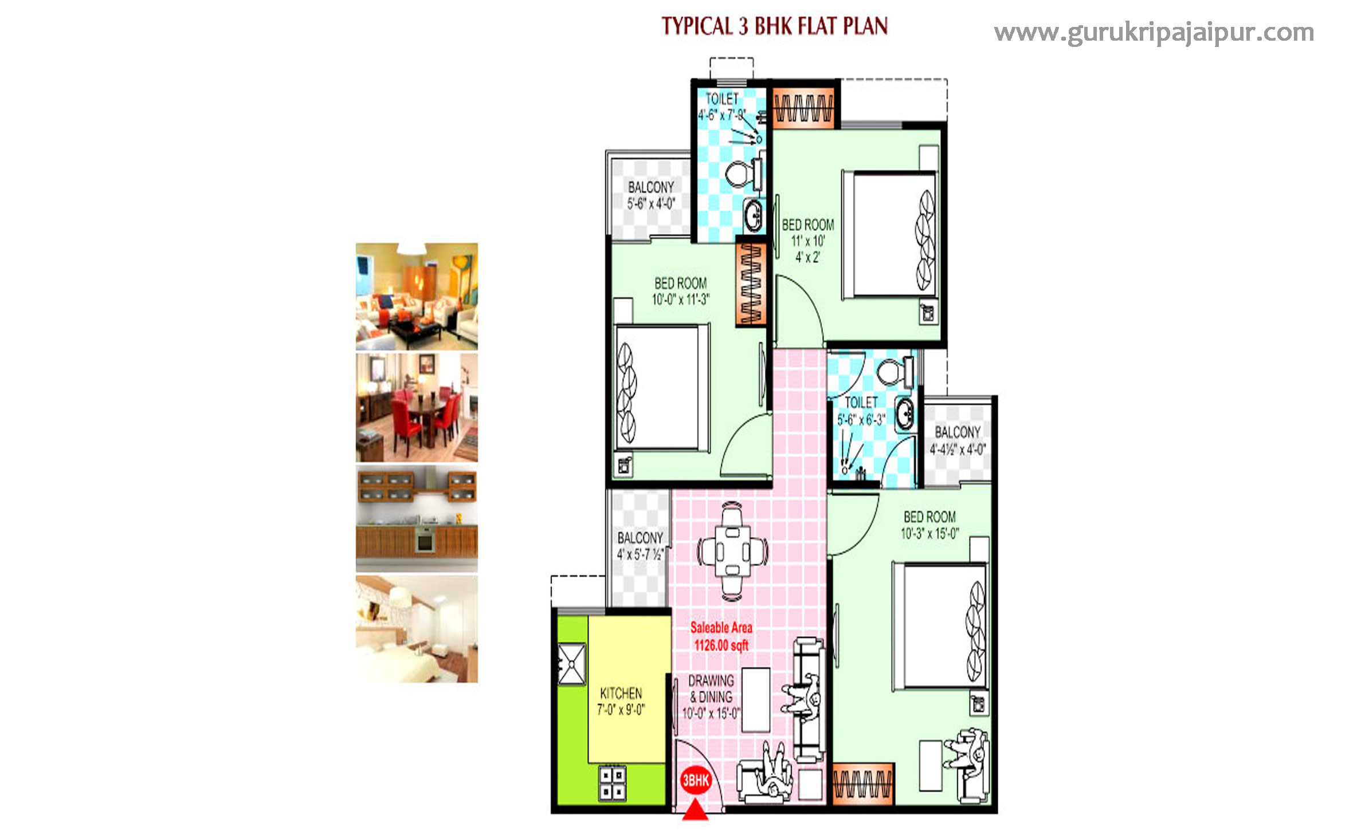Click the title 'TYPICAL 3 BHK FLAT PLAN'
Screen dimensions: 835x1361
(x=774, y=26)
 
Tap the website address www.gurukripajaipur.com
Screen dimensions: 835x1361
(x=1154, y=33)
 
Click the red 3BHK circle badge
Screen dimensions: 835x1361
(x=696, y=780)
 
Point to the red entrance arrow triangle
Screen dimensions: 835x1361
(x=696, y=812)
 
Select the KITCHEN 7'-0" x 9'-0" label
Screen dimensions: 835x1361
(x=621, y=701)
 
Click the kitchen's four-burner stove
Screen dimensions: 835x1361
(x=612, y=783)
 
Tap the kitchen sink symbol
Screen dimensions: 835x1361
(x=571, y=664)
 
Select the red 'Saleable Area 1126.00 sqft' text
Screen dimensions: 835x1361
(x=721, y=636)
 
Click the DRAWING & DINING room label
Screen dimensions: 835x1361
(x=711, y=697)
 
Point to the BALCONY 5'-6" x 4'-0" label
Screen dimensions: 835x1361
(x=651, y=195)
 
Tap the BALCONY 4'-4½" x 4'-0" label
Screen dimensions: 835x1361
(x=958, y=440)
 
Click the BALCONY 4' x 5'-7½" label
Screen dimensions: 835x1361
(x=640, y=546)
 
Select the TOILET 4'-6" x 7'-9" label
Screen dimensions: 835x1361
(x=721, y=107)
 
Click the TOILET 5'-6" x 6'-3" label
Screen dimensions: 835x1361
(x=861, y=411)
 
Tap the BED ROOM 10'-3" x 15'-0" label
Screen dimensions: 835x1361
(x=929, y=525)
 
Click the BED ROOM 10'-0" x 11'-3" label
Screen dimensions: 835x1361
(x=680, y=291)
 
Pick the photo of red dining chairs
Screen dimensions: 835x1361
(x=417, y=407)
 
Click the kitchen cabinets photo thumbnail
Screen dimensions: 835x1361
(x=417, y=518)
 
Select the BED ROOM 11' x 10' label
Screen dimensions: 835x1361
(x=807, y=240)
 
